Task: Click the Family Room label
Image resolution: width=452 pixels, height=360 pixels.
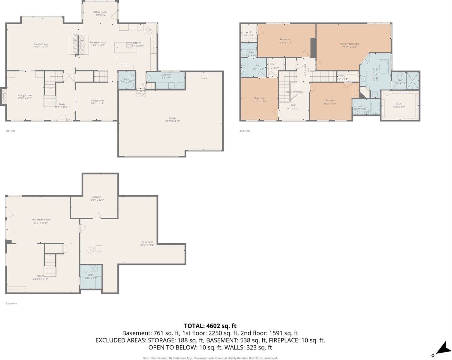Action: click(41, 44)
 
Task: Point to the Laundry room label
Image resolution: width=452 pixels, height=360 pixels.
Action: click(166, 75)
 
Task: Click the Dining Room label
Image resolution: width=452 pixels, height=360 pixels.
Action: click(96, 101)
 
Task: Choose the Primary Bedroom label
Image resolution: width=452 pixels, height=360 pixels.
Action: click(349, 44)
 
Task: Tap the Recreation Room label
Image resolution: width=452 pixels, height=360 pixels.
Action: click(41, 220)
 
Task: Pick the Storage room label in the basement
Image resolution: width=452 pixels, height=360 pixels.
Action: click(97, 197)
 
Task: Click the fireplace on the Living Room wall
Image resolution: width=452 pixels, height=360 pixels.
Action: click(4, 96)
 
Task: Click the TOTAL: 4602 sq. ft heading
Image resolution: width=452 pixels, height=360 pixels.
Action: click(210, 326)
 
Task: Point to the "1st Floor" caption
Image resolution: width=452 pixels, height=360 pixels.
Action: click(10, 131)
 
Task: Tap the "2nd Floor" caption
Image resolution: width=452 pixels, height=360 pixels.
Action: click(245, 131)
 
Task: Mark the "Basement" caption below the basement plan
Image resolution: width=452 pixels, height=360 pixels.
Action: click(11, 303)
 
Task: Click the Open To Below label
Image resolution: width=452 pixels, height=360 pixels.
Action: click(294, 92)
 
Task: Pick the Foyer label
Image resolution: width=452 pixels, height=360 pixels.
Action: click(62, 104)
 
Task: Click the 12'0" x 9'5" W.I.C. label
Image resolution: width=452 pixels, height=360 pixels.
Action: click(399, 104)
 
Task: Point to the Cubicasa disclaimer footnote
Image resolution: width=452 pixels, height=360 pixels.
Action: click(210, 358)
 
